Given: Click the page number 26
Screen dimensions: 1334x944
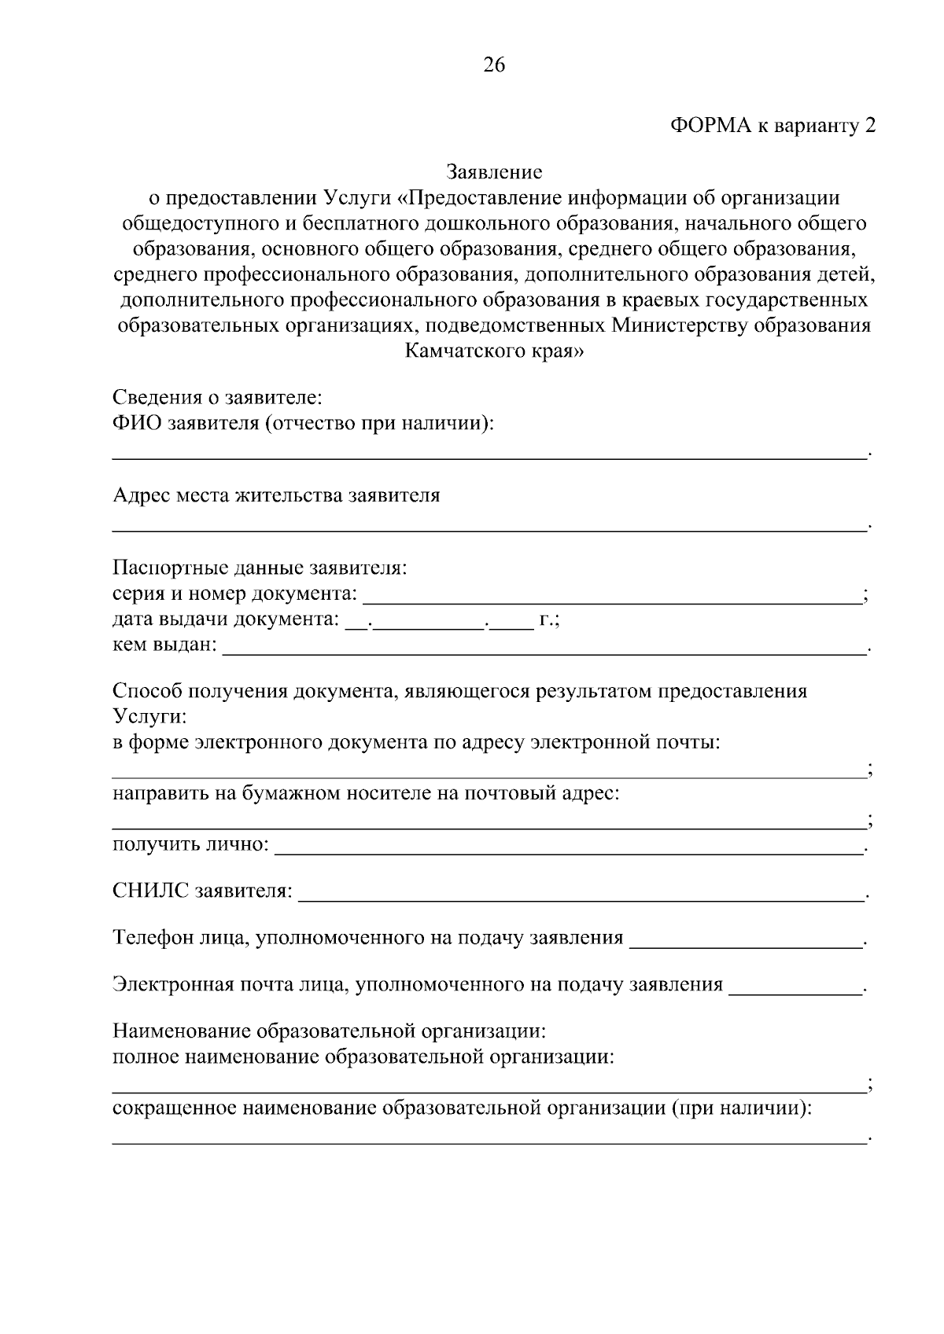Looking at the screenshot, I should tap(493, 65).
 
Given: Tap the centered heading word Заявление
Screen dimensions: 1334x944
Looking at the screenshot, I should tap(494, 171).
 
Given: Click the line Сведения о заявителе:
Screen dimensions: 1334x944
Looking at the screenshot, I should tap(217, 396).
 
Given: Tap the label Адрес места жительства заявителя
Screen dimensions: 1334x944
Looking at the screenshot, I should tap(276, 495).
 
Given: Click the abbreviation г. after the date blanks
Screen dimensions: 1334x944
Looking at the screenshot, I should tap(547, 620).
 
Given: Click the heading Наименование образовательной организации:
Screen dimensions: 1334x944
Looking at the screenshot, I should tap(329, 1030).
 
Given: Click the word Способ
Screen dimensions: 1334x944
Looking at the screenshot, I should tap(146, 692).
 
